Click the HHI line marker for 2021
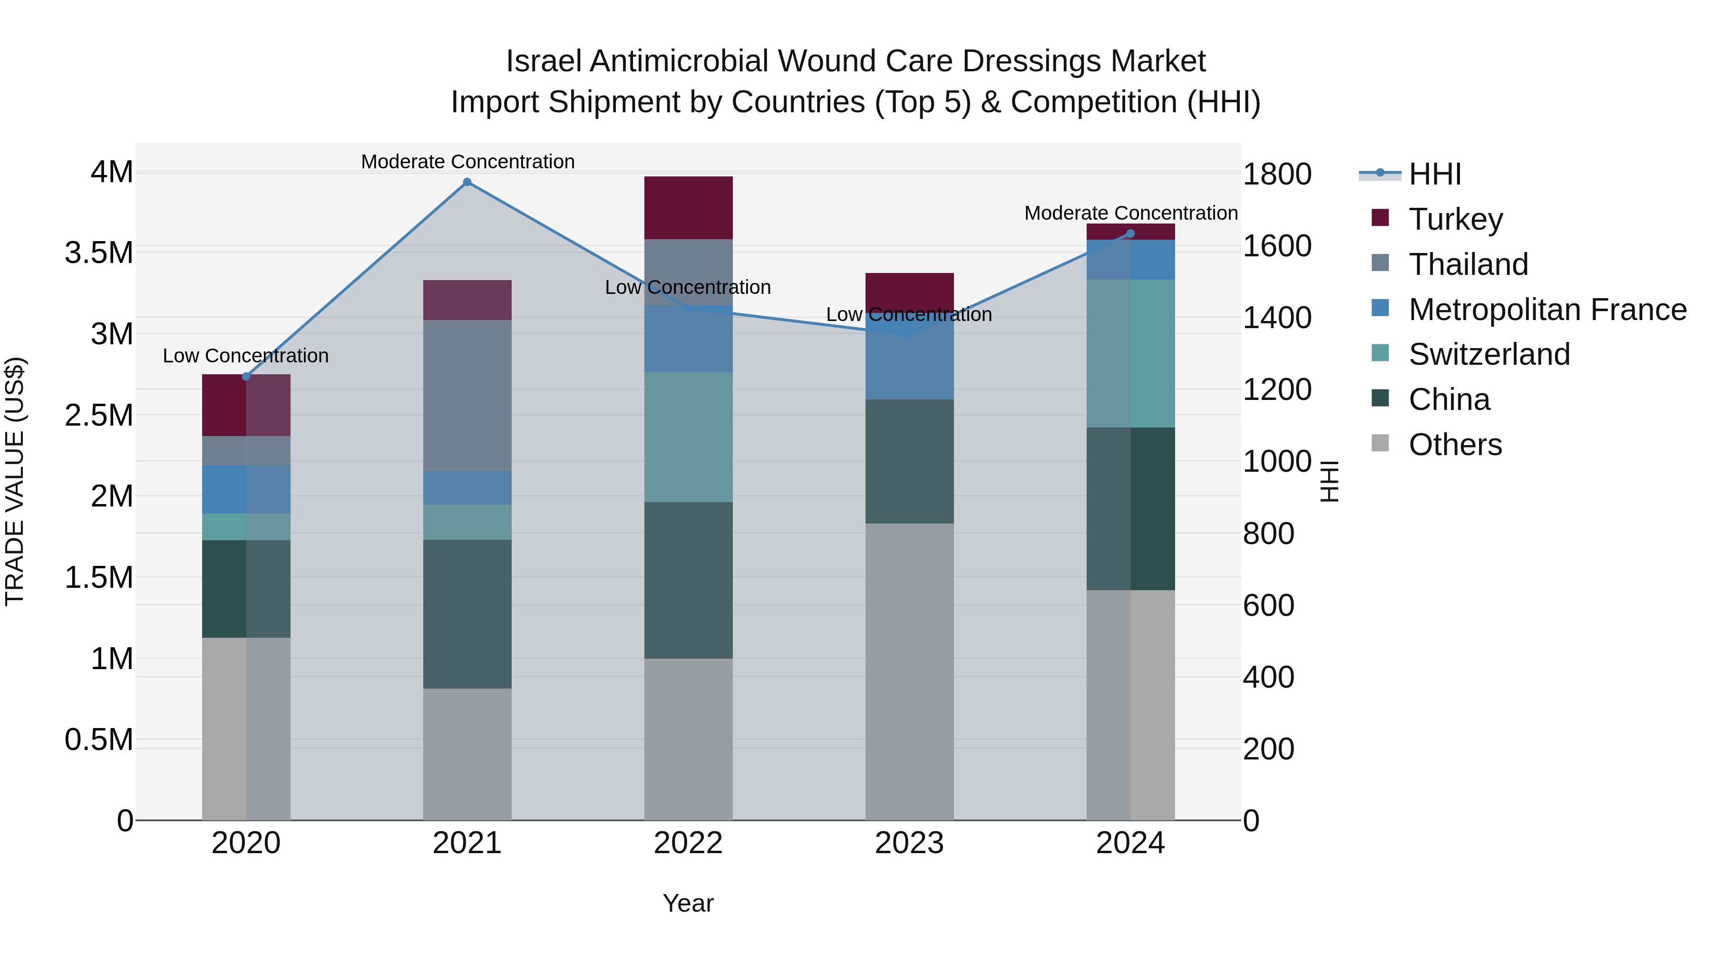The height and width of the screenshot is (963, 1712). tap(467, 182)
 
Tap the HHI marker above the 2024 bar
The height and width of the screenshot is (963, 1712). tap(1130, 233)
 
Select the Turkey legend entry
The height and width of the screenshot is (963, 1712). tap(1456, 219)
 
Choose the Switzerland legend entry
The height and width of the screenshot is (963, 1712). tap(1488, 354)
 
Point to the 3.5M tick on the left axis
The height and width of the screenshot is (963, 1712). tap(99, 253)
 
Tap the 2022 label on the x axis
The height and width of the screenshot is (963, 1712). tap(688, 843)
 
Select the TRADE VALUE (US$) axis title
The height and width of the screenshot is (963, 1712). tap(15, 481)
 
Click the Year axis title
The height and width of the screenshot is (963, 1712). tap(688, 903)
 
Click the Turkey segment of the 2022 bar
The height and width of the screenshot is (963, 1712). tap(688, 207)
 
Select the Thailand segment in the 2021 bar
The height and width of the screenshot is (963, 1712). tap(467, 396)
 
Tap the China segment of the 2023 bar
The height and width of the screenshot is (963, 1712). tap(909, 461)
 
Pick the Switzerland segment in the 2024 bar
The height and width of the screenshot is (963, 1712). tap(1130, 353)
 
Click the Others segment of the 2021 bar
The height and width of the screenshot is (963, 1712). tap(467, 754)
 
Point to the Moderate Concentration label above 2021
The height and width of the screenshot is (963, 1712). tap(467, 162)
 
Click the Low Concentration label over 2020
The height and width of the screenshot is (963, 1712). tap(245, 356)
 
